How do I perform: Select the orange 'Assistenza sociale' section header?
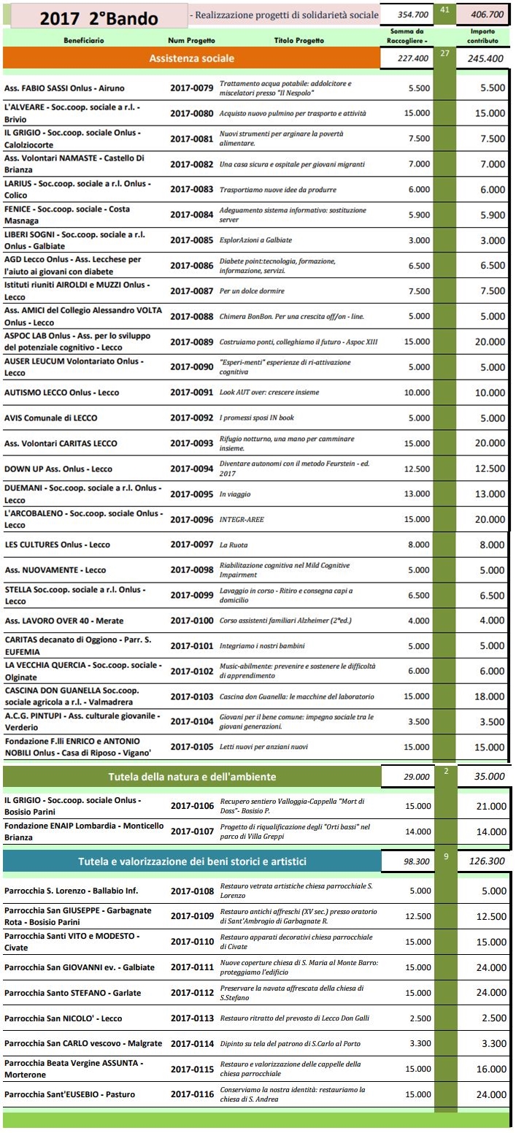(191, 58)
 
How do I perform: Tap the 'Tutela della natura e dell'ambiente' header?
(191, 776)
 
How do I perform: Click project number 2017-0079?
(192, 88)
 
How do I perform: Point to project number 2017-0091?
(192, 393)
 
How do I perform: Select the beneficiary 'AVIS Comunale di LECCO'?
(51, 418)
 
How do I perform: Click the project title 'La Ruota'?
(234, 545)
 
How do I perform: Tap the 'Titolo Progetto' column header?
(299, 41)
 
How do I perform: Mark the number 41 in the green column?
(444, 9)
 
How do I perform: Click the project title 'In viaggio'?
(234, 494)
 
